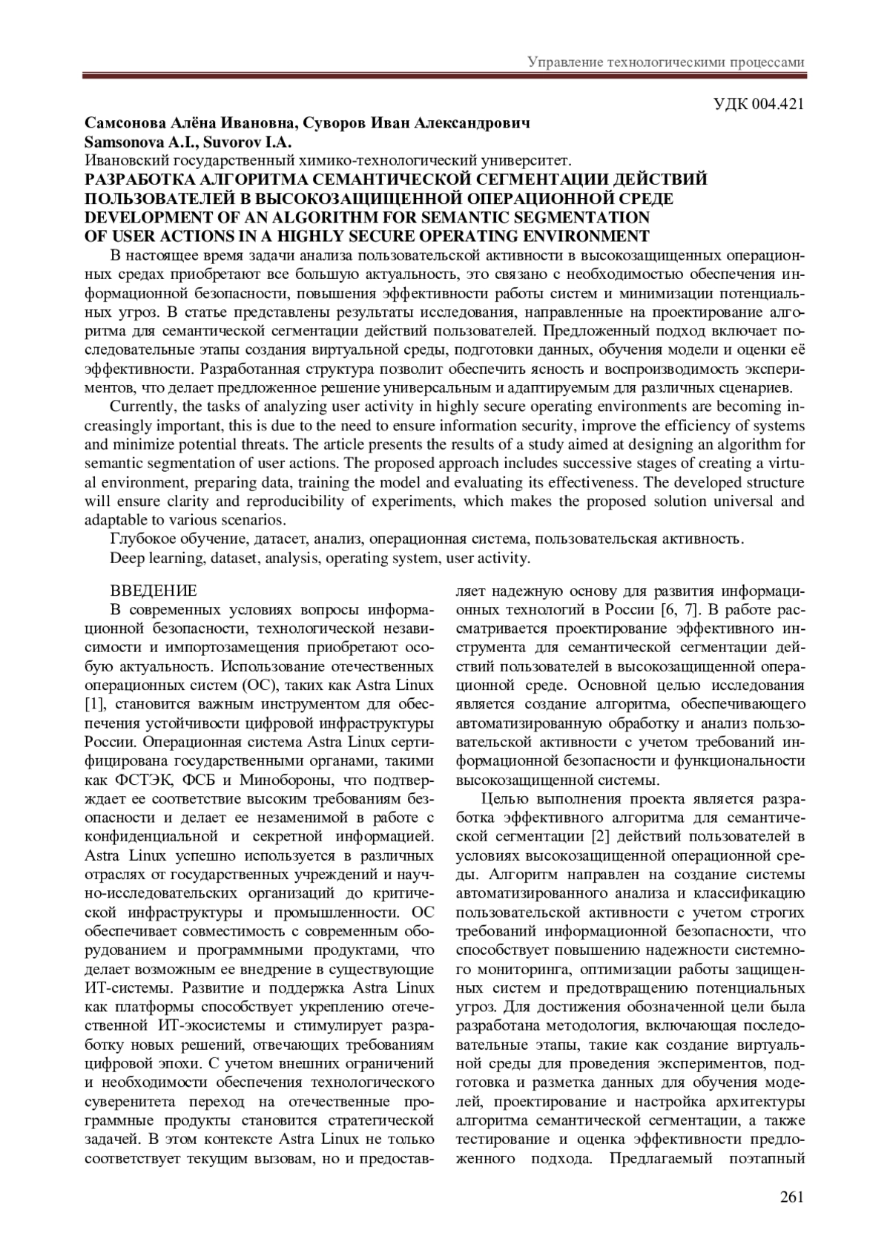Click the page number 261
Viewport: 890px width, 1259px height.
click(x=792, y=1197)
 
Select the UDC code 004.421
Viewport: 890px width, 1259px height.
click(x=778, y=104)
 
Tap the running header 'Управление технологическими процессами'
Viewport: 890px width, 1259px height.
click(x=666, y=62)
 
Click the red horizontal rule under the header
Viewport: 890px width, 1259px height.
click(x=444, y=75)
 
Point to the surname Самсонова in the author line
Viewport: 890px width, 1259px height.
click(x=122, y=122)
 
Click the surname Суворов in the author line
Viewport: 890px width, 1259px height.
click(x=336, y=122)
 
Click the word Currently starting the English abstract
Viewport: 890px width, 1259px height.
click(x=141, y=407)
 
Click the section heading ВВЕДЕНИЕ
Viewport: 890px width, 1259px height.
click(x=154, y=591)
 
